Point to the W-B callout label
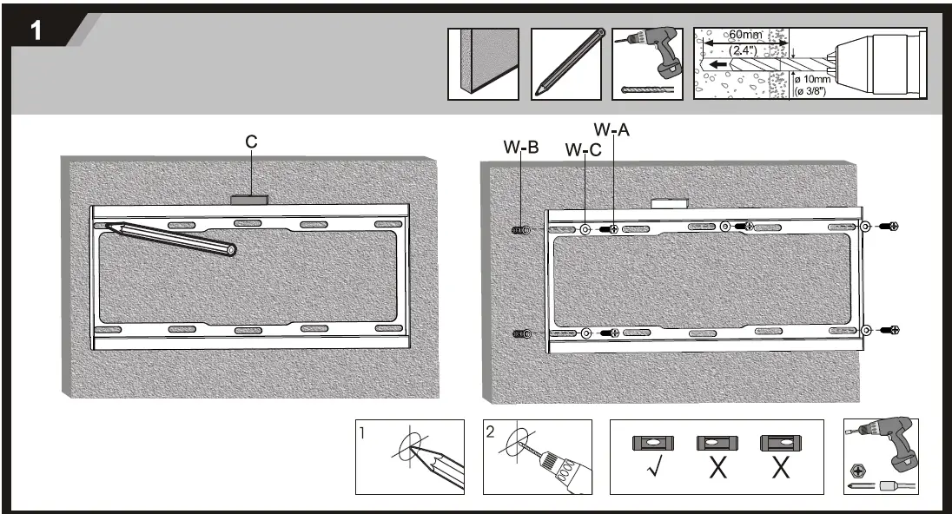tap(521, 148)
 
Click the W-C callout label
tap(583, 151)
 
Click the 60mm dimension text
tap(745, 35)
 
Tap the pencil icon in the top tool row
tap(566, 64)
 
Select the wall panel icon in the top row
tap(483, 64)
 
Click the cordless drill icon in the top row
tap(647, 57)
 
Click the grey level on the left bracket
tap(250, 200)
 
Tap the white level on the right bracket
tap(669, 203)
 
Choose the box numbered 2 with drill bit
tap(537, 458)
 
